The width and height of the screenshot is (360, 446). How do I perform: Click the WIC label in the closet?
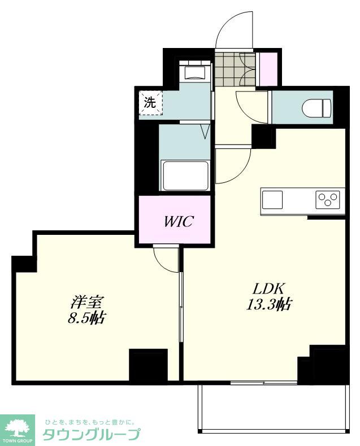179,221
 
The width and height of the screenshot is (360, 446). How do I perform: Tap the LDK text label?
267,290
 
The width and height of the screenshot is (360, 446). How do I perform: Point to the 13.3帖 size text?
268,305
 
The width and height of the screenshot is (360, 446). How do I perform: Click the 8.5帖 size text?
86,318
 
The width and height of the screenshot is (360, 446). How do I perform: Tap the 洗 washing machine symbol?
151,103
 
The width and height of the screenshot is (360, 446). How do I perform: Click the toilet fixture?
316,108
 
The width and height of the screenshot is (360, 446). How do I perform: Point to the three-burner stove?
328,198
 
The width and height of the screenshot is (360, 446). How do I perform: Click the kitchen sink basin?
272,199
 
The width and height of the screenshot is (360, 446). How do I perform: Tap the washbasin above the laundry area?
195,72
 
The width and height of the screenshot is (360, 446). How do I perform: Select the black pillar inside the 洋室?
149,365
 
